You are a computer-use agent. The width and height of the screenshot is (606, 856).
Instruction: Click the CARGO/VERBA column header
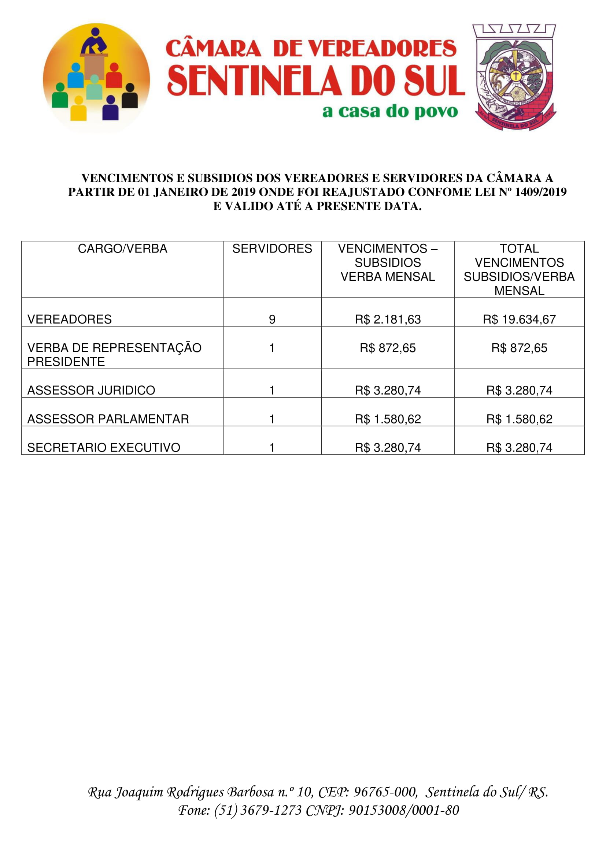click(122, 248)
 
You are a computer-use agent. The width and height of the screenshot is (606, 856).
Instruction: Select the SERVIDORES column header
click(272, 248)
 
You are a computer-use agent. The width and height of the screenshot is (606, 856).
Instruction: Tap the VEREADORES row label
click(69, 319)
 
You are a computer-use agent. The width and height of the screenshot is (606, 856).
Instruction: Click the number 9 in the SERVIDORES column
click(272, 319)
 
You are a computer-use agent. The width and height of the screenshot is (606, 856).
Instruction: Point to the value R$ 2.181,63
click(388, 319)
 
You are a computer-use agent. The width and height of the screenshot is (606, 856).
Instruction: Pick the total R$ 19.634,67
click(519, 319)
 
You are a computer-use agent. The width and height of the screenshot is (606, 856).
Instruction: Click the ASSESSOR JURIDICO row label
click(91, 390)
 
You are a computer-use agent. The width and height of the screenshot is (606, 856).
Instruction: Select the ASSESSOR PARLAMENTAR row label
click(108, 419)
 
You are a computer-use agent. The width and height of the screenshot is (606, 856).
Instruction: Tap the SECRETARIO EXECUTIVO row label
click(104, 447)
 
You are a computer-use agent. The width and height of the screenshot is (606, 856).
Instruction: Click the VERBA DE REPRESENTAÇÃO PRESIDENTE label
click(114, 355)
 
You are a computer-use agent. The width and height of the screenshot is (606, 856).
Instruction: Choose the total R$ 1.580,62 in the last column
click(519, 419)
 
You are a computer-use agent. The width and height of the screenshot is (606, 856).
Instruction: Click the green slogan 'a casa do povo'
click(390, 112)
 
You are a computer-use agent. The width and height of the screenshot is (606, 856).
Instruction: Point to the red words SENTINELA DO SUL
click(316, 81)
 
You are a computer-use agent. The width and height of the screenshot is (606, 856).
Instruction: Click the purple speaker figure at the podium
click(95, 41)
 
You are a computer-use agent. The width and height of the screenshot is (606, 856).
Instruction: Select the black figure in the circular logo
click(130, 96)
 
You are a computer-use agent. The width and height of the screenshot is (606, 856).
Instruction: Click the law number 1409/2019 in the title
click(540, 192)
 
